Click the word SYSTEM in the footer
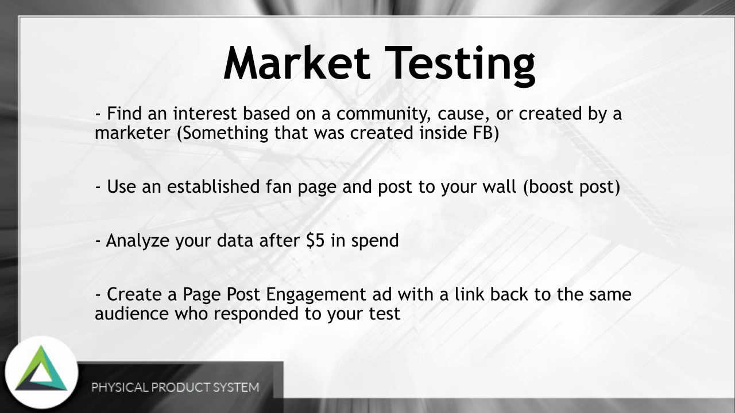236,387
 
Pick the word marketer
133,133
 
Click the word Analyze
138,240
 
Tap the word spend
375,240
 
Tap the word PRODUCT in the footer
181,387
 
